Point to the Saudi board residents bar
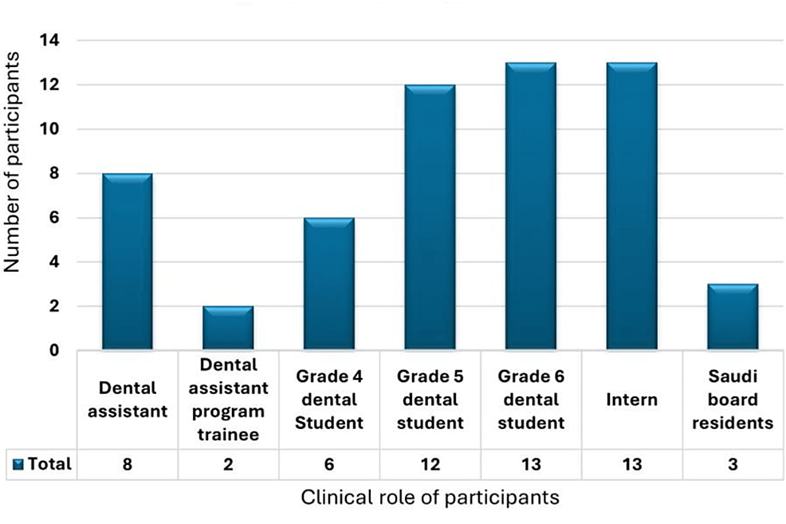point(733,317)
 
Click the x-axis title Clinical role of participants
point(430,498)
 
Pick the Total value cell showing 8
point(127,463)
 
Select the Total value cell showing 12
point(430,463)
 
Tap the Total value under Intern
point(631,463)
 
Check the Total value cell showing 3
point(733,463)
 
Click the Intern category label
point(631,400)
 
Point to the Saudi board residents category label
point(733,400)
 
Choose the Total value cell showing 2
point(228,463)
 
